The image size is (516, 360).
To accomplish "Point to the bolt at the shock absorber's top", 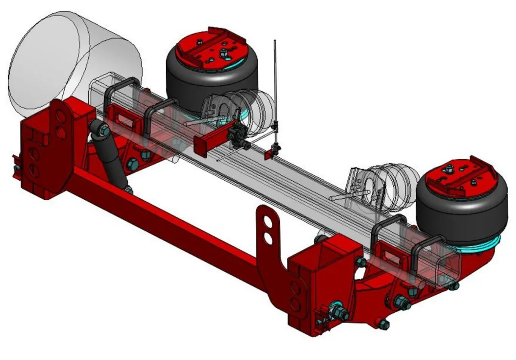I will [x=103, y=130].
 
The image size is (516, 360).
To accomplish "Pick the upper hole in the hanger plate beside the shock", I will [x=61, y=116].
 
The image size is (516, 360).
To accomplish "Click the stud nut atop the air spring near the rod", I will [x=223, y=53].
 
